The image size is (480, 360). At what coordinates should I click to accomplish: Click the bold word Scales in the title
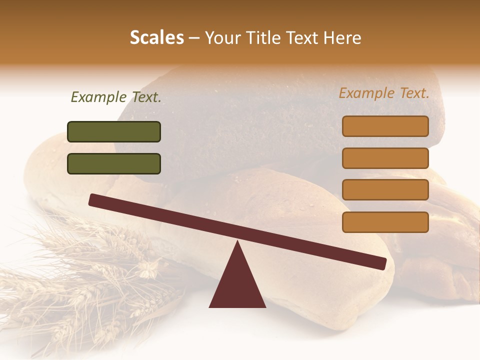[156, 38]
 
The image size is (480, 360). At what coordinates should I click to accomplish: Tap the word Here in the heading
[342, 38]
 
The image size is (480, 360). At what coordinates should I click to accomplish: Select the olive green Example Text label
[116, 97]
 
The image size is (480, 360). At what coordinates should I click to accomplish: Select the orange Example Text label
[384, 93]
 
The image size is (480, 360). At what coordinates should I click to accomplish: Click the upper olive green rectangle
[114, 131]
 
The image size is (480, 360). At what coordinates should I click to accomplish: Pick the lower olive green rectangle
[114, 163]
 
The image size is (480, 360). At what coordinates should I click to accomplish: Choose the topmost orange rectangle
[385, 126]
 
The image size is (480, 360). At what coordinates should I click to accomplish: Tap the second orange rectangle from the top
[385, 158]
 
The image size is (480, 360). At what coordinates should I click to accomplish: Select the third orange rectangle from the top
[385, 190]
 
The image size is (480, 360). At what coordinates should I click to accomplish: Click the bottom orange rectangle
[385, 222]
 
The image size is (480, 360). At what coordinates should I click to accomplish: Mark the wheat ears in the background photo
[85, 280]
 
